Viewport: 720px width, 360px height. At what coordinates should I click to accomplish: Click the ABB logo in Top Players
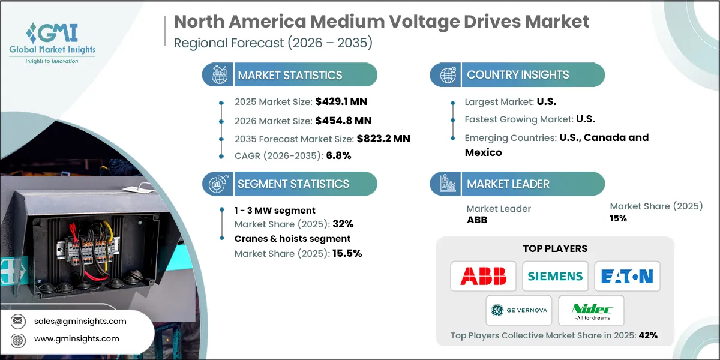[483, 276]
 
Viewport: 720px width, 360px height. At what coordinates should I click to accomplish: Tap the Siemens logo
[555, 276]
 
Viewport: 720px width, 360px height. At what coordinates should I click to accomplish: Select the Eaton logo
[627, 276]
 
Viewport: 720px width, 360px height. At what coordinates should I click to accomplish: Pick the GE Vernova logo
[519, 310]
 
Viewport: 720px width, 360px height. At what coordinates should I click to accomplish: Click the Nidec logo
[591, 310]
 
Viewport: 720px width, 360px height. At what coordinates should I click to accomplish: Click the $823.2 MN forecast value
[383, 138]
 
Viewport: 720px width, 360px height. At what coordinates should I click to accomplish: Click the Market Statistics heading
[290, 75]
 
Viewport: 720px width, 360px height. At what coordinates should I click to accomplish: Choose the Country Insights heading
[518, 75]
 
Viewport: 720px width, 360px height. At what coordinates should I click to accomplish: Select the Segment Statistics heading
[293, 184]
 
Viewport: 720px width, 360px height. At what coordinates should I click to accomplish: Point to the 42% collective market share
[647, 335]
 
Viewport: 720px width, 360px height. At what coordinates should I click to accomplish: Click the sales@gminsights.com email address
[80, 321]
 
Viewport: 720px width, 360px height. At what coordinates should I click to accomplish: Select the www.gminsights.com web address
[77, 339]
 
